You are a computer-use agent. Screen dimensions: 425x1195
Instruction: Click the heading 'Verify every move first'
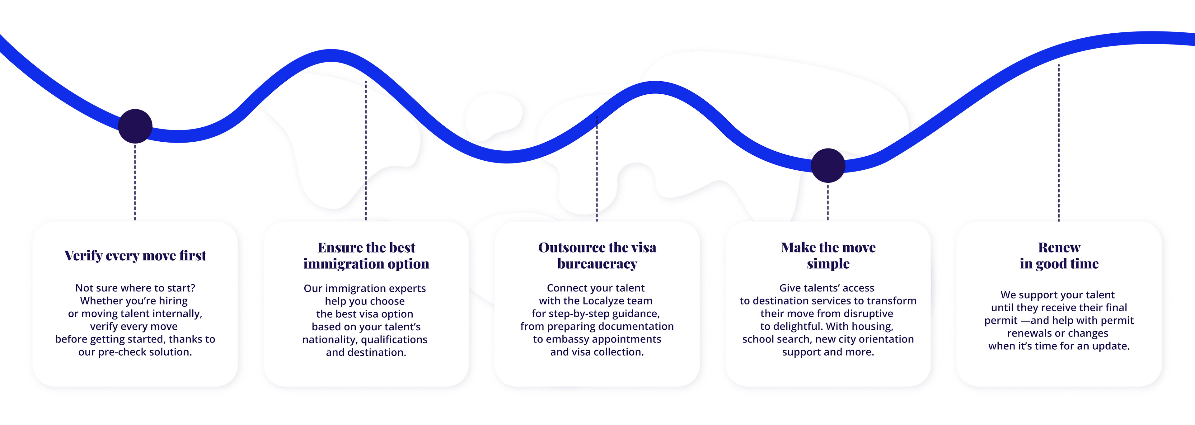tap(135, 256)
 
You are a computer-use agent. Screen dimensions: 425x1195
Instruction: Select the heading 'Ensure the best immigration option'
tap(366, 256)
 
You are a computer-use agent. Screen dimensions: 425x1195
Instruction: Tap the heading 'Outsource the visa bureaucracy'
tap(597, 256)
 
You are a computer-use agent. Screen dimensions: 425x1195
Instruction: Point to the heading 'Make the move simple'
tap(828, 256)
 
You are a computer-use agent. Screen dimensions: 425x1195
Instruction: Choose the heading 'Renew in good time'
tap(1059, 256)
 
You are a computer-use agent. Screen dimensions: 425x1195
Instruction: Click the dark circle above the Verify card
tap(135, 126)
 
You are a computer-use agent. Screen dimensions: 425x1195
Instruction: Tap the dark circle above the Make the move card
tap(828, 166)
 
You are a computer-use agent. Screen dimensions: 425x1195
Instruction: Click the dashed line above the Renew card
tap(1059, 139)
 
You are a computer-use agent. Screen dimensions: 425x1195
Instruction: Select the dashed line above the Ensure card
tap(366, 149)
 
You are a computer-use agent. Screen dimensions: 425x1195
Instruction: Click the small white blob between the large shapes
tap(494, 116)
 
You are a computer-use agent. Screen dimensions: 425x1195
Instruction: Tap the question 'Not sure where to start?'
tap(135, 288)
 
